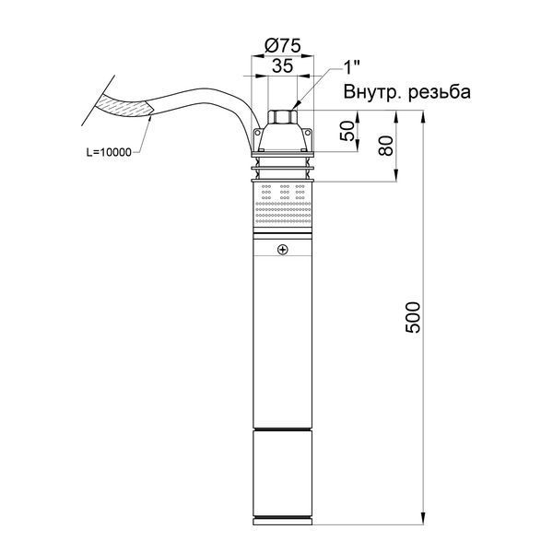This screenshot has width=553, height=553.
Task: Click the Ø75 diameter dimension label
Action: (283, 46)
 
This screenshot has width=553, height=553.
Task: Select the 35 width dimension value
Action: (283, 65)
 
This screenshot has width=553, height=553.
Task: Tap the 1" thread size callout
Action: (352, 67)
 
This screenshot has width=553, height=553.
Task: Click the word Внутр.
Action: (372, 92)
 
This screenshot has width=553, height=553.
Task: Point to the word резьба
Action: (440, 92)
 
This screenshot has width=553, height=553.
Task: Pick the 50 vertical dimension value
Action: (347, 131)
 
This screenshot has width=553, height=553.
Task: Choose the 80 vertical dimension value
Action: (386, 146)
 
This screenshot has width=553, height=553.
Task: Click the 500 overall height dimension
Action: (413, 317)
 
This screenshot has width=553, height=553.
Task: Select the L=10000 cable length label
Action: (109, 152)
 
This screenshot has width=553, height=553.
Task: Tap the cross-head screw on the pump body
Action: (283, 250)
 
